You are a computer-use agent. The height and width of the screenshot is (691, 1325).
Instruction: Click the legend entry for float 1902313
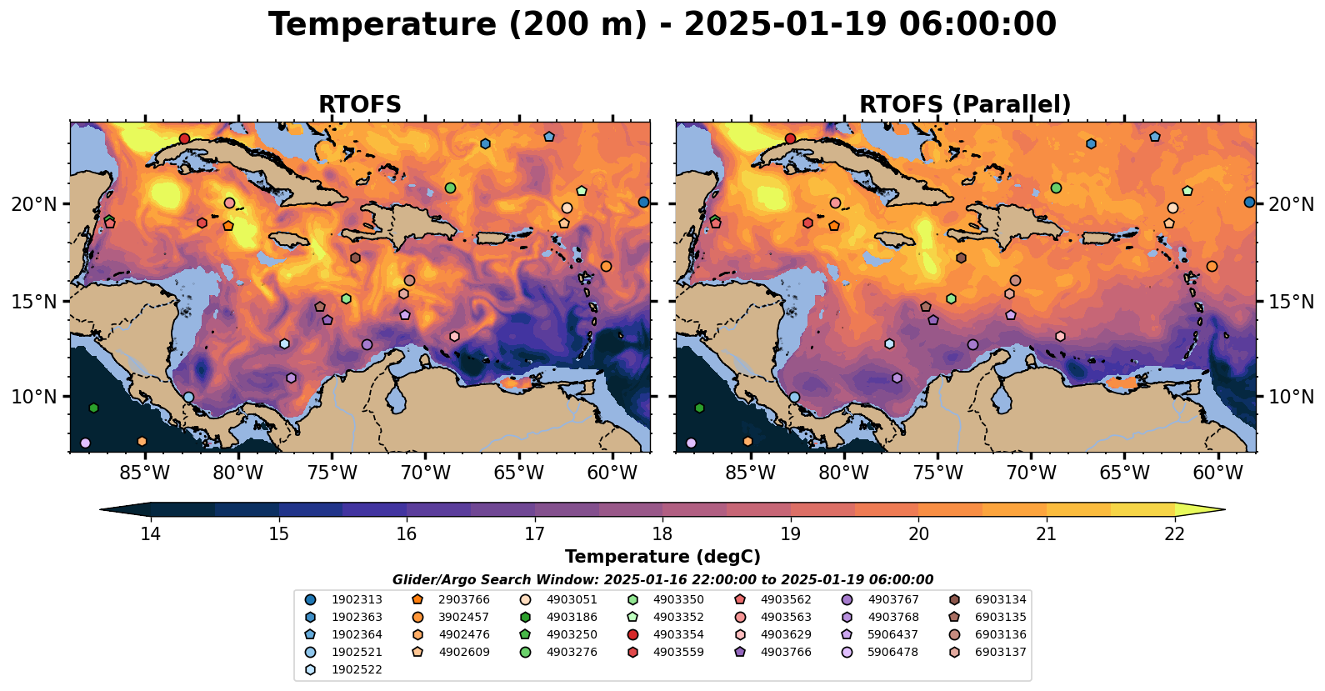(357, 599)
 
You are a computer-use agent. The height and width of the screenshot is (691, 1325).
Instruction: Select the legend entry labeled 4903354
(678, 634)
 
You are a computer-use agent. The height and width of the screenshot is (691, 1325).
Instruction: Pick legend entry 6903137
(1000, 652)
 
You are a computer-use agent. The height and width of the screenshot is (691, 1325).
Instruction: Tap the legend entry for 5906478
(892, 652)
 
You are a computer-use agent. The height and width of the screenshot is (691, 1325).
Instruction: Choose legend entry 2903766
(464, 599)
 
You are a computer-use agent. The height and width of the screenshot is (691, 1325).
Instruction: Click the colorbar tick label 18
(662, 533)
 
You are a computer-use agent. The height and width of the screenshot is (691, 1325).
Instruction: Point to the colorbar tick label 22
(1174, 533)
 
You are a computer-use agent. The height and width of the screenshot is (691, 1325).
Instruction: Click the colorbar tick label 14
(150, 533)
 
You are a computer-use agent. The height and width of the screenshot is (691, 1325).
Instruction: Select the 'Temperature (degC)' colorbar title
(662, 557)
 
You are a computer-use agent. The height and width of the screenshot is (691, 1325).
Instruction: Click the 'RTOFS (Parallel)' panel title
(965, 104)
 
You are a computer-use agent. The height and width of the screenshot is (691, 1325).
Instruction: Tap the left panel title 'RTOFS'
(360, 104)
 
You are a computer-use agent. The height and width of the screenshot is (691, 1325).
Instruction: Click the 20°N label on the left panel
(34, 204)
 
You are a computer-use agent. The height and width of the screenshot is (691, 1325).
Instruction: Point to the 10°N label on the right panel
(1291, 397)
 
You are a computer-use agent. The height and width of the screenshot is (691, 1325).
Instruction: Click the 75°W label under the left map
(332, 473)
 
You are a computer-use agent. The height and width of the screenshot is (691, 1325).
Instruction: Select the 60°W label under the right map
(1217, 473)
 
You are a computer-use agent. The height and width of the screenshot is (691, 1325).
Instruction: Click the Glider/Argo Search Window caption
(662, 579)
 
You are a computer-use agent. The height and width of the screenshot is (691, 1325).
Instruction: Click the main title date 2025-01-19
(785, 25)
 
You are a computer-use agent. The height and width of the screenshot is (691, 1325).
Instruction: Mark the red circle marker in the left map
(184, 138)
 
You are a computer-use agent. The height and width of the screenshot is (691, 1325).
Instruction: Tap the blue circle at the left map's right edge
(643, 202)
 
